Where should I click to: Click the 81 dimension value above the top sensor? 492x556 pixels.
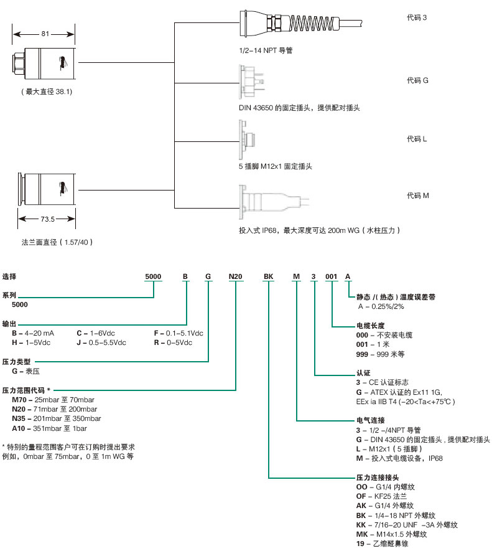[x=45, y=34]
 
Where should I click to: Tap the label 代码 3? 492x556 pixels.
[x=417, y=17]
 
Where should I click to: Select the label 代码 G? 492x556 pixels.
[x=417, y=80]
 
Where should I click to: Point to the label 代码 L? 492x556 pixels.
[x=417, y=138]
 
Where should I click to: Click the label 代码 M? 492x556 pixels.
[x=417, y=196]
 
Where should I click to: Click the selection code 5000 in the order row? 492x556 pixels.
[x=152, y=275]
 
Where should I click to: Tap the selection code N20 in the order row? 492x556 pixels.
[x=236, y=275]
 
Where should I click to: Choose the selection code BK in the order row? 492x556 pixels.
[x=268, y=275]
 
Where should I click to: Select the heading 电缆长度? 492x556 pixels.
[x=370, y=326]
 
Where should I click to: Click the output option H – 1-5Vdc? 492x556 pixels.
[x=31, y=343]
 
